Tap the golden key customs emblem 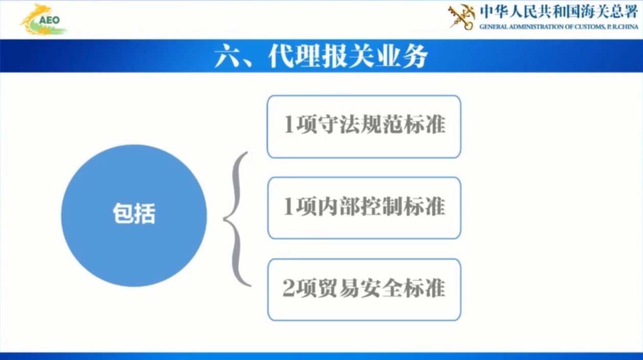click(461, 17)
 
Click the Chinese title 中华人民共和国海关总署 click(559, 11)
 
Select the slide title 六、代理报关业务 click(321, 56)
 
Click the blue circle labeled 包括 click(134, 215)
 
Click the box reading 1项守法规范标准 click(364, 126)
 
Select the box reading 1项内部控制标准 click(364, 208)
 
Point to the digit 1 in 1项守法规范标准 click(289, 126)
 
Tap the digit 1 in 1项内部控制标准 click(289, 207)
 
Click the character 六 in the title click(226, 57)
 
